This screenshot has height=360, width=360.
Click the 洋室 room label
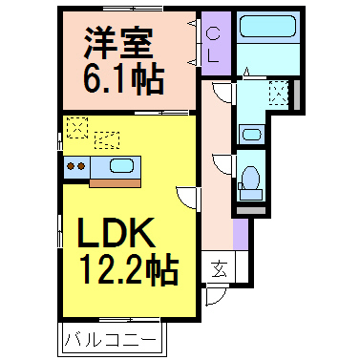point(117,43)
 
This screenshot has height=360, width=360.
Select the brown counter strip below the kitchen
point(114,180)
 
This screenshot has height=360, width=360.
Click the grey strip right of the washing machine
point(297,95)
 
